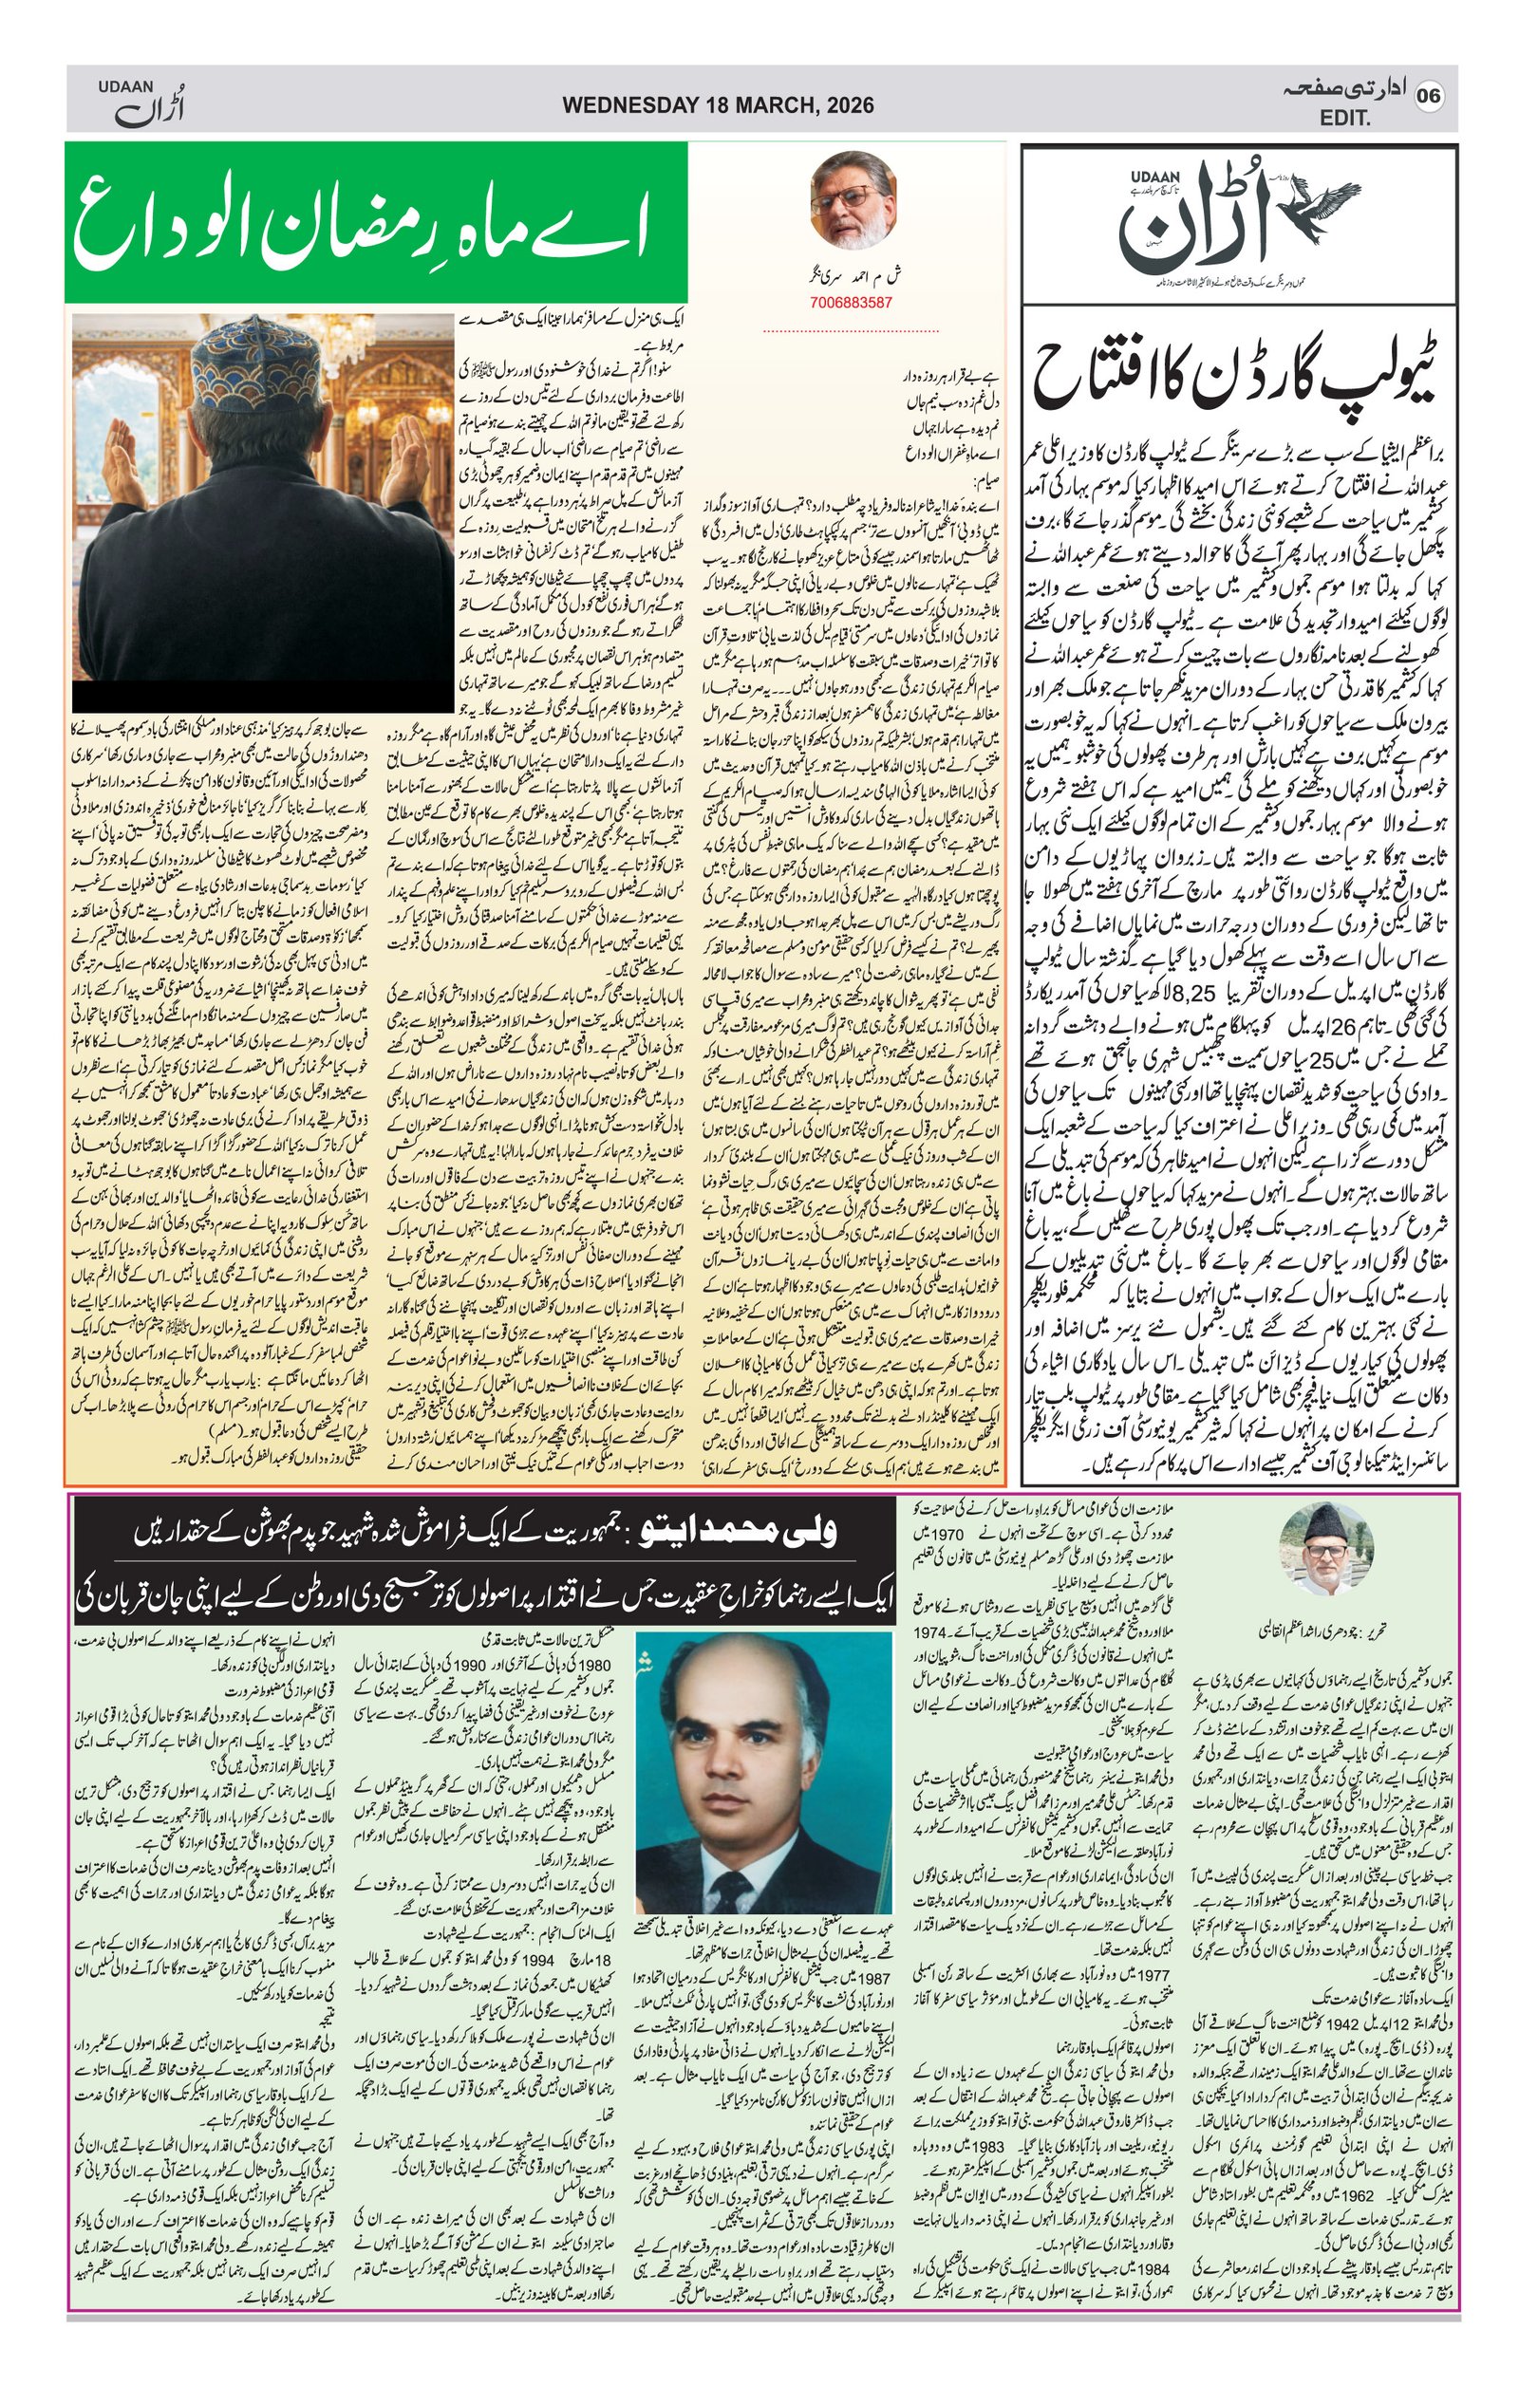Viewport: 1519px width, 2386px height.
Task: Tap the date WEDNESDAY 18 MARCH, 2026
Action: (718, 105)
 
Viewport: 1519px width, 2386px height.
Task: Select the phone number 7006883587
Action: (850, 302)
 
